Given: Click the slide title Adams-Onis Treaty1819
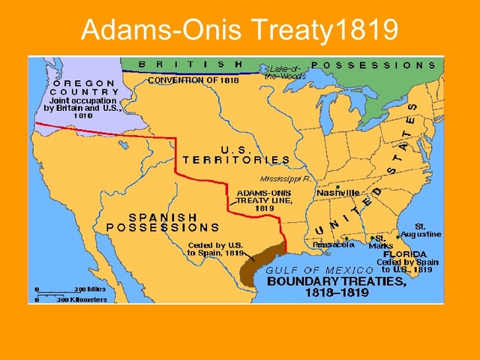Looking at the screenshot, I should point(239,29).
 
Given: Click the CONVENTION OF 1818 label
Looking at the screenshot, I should point(193,79).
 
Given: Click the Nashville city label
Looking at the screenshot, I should point(338,193).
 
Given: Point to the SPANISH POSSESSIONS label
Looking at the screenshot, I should point(163,221).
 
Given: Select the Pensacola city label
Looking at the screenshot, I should point(334,244).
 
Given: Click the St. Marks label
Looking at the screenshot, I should point(385,242).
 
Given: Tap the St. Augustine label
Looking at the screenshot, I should point(423,229).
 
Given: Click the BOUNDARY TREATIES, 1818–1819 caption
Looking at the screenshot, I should point(337,289).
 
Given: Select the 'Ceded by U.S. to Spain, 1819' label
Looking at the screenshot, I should point(215,248).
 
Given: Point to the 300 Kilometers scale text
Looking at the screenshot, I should point(82,299).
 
